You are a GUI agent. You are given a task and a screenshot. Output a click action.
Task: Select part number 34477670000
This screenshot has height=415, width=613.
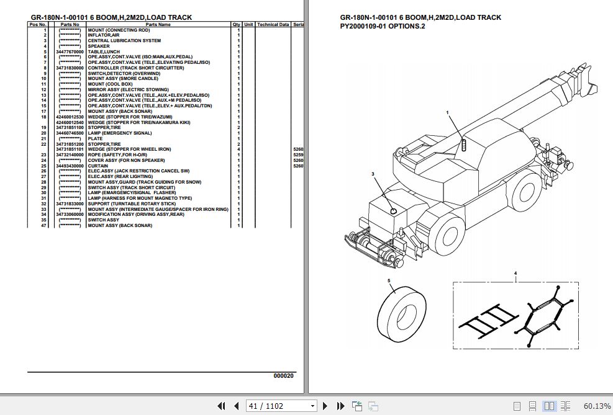[69, 51]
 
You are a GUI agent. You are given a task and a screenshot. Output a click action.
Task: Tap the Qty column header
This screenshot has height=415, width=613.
[237, 24]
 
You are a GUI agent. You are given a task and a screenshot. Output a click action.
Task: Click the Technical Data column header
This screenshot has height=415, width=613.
[273, 24]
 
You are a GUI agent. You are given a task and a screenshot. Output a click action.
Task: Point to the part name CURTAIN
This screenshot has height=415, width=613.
[98, 166]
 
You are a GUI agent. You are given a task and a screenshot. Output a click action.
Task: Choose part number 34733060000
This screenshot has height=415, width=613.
[69, 215]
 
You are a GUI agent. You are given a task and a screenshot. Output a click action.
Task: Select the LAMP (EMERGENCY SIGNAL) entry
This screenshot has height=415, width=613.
[119, 133]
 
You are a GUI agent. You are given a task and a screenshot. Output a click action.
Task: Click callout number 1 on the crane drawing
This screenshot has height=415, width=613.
[447, 112]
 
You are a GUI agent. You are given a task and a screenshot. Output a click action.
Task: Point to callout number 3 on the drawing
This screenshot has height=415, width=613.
[373, 174]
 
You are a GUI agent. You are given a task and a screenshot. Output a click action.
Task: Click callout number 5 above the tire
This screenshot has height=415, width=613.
[389, 281]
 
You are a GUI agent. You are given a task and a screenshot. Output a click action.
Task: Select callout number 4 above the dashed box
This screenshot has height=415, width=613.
[515, 273]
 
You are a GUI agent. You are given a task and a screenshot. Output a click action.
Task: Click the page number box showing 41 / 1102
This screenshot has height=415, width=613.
[281, 406]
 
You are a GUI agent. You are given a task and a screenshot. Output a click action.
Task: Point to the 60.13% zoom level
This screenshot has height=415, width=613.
[597, 406]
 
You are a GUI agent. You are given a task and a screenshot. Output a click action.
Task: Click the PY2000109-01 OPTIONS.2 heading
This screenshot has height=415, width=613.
[383, 27]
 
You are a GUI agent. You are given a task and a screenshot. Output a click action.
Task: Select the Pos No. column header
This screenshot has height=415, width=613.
[37, 24]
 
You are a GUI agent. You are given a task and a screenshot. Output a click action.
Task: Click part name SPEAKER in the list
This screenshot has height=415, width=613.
[98, 46]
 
